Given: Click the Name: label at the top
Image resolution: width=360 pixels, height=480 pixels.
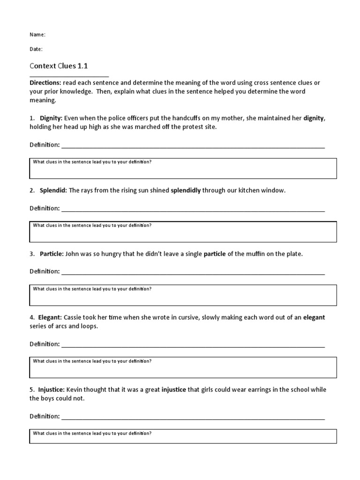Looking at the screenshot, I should coord(37,35).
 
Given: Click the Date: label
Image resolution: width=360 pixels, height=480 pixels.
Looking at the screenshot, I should coord(36,49).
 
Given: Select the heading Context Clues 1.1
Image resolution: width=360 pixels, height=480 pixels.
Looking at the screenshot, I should coord(59,66).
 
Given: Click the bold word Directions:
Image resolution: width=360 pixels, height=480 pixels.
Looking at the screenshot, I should coord(45,83).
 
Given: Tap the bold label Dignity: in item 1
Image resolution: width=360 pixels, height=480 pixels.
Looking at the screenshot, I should coord(51,119).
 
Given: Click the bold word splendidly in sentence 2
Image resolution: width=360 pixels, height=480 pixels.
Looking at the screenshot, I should coord(186,191).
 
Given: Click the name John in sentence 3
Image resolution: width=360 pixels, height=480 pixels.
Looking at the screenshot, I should coord(73,254).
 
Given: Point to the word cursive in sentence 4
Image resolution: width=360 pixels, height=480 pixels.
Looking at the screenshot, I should coord(187,317).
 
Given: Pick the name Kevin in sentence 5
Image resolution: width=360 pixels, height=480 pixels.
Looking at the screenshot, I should coord(75,390).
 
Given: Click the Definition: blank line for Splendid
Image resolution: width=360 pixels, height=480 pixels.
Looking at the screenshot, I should coord(193,210).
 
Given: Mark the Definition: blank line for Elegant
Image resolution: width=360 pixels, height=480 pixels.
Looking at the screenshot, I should coord(193,345).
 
